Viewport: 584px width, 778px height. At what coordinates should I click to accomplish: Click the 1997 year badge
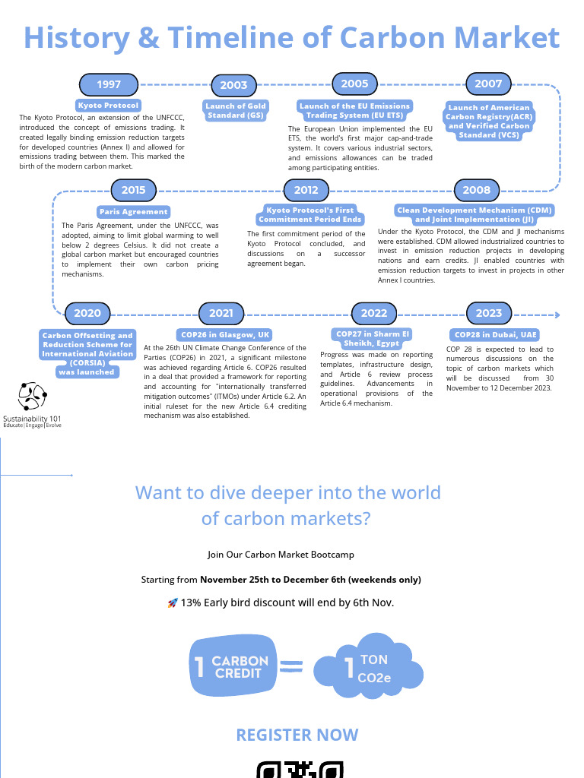[109, 84]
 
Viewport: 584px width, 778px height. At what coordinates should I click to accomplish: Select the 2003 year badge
[234, 86]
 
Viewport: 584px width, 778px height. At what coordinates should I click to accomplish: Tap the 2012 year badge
[306, 190]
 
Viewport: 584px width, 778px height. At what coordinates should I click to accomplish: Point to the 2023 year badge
[489, 313]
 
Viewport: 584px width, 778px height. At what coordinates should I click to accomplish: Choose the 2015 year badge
[134, 190]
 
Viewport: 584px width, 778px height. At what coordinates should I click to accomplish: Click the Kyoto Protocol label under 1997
[108, 106]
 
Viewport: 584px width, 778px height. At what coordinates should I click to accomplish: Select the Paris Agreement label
[134, 212]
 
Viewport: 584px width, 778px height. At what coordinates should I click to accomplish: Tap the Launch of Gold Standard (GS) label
[236, 110]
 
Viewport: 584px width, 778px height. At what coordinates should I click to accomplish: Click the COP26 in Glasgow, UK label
[225, 334]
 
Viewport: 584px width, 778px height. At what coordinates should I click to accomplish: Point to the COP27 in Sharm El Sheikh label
[373, 339]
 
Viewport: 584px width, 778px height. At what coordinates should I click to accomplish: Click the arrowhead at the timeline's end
[557, 315]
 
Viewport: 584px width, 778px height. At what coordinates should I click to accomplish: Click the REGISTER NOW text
[297, 735]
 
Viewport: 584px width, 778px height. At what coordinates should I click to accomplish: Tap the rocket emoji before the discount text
[173, 603]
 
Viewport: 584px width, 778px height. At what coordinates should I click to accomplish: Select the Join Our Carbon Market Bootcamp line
[281, 555]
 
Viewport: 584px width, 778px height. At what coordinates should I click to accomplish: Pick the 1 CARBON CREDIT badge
[232, 666]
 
